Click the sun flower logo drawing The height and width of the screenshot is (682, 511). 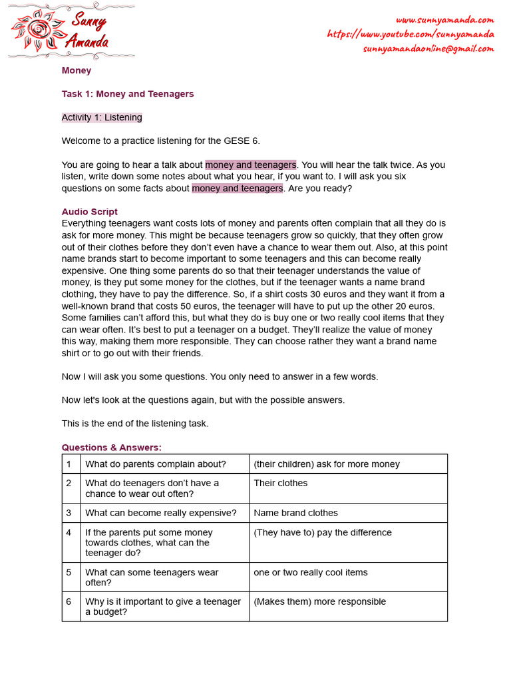(37, 31)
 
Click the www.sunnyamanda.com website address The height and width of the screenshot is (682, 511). (444, 20)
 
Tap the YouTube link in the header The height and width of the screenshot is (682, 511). (411, 34)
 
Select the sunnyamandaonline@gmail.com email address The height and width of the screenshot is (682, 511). (428, 49)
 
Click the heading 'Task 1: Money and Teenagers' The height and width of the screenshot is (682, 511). (128, 94)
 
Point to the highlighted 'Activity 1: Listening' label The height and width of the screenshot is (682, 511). (102, 117)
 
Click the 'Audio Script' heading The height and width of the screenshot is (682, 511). (90, 212)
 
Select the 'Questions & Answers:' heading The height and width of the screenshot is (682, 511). (112, 447)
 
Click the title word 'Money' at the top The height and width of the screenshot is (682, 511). (77, 71)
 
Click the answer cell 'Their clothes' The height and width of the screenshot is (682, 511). (281, 483)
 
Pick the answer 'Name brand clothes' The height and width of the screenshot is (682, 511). (295, 513)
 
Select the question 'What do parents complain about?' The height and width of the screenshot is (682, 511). (156, 464)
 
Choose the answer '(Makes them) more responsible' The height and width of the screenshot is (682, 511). (319, 601)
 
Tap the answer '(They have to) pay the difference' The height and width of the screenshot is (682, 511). (323, 532)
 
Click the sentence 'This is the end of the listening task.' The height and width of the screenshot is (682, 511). (135, 424)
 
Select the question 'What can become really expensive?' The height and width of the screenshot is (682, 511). (161, 513)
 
